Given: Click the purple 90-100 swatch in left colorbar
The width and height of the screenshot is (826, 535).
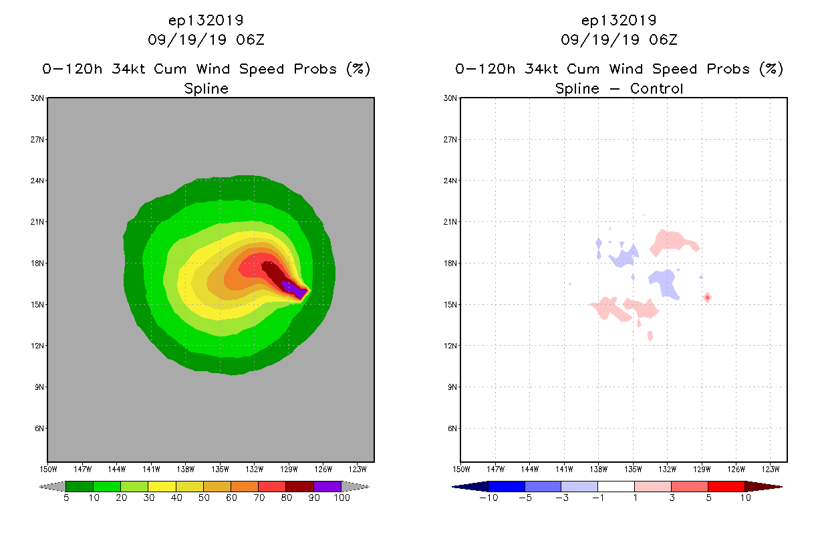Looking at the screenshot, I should [x=327, y=486].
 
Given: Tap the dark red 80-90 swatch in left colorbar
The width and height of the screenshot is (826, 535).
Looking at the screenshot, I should [x=299, y=486].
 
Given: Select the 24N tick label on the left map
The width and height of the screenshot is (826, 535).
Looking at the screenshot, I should [x=37, y=181].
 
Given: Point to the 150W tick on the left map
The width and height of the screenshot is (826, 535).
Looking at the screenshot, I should [x=47, y=468].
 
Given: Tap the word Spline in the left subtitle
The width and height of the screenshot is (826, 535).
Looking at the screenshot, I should [x=206, y=88].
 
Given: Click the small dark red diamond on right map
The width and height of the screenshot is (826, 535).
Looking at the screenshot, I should [x=707, y=297].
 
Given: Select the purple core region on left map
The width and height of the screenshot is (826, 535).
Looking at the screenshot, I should [x=293, y=288].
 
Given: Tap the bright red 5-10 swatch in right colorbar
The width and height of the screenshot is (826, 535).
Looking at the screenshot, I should [x=726, y=486].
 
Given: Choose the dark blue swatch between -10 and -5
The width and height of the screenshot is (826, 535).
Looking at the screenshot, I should [x=507, y=486].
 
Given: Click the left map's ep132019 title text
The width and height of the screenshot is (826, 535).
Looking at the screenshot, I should [x=206, y=20].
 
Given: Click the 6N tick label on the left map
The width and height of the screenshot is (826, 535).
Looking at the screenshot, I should [x=39, y=429].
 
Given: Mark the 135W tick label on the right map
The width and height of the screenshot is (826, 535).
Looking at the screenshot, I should [x=633, y=468].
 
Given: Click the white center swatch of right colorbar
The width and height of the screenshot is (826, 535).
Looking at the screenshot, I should [x=616, y=486].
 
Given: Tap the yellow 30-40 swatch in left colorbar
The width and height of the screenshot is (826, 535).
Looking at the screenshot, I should [x=162, y=486].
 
